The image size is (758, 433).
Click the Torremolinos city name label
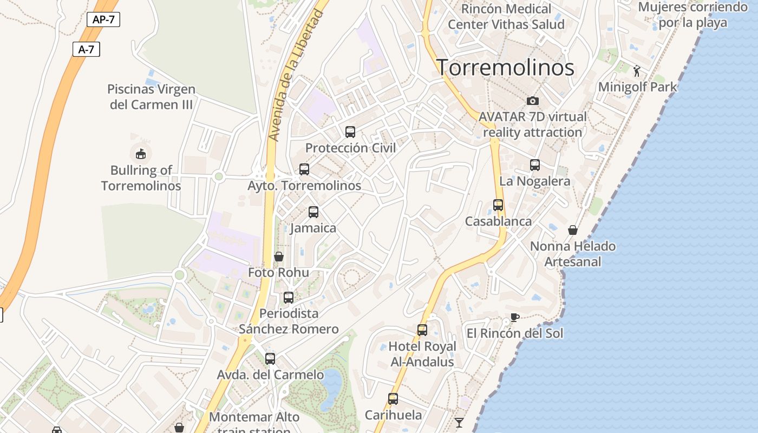point(505,68)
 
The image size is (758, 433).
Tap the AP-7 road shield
point(103,20)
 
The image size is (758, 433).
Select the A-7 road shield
point(86,49)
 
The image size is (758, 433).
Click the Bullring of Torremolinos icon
point(141,154)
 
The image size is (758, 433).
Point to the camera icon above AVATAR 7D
point(533,101)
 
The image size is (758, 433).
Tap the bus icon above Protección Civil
point(350,132)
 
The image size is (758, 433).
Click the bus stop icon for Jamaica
point(313,212)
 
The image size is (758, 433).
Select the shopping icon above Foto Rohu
point(279,257)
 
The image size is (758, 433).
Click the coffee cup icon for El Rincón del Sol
point(515,317)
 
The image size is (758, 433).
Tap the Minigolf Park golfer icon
point(637,71)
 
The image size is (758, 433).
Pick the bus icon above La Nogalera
point(535,165)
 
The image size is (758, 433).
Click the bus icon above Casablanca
point(498,205)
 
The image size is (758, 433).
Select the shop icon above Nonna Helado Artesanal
point(573,231)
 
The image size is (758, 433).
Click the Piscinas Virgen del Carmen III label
point(151,97)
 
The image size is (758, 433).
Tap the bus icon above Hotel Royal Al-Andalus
point(422,330)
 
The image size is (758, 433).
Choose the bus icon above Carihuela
point(393,399)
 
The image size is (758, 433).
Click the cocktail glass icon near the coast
point(459,422)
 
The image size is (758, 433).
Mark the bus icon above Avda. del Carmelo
point(270,358)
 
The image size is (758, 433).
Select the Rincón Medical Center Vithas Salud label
point(506,17)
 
